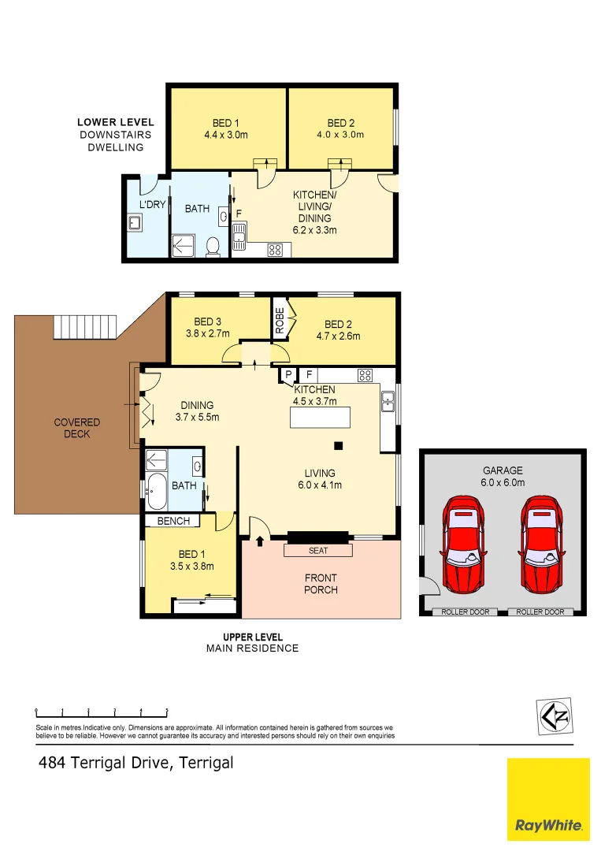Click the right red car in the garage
541,544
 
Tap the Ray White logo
548,800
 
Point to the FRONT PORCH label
321,584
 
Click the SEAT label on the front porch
317,551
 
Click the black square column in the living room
338,446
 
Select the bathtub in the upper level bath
155,492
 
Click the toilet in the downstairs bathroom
212,248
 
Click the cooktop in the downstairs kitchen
276,250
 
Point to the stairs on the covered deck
84,325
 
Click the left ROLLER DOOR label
465,611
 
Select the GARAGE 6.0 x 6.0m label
503,477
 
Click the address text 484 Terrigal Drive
136,763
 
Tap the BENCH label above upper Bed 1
173,521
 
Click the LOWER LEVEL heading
115,122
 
